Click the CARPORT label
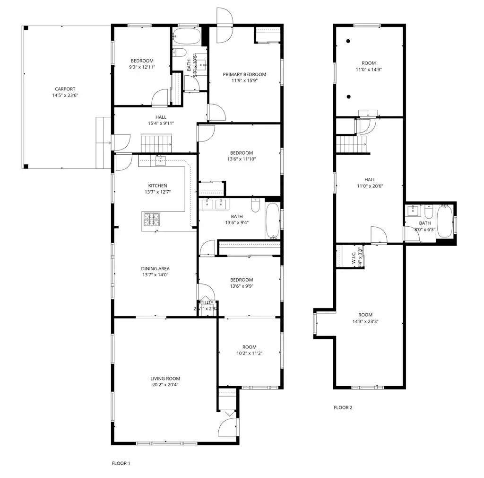(x=65, y=89)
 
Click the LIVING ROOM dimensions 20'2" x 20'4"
(x=165, y=385)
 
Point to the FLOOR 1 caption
(x=121, y=463)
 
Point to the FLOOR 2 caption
(x=343, y=407)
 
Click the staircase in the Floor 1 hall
(x=156, y=141)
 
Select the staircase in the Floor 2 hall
(x=352, y=144)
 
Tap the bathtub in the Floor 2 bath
(x=444, y=221)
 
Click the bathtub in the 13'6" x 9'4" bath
(x=273, y=220)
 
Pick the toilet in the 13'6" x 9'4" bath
(x=256, y=206)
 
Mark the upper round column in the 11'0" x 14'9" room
(x=348, y=41)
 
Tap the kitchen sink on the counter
(x=161, y=161)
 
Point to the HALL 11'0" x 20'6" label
(x=370, y=183)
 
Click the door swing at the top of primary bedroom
(x=225, y=18)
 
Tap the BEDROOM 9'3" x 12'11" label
(x=142, y=63)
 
